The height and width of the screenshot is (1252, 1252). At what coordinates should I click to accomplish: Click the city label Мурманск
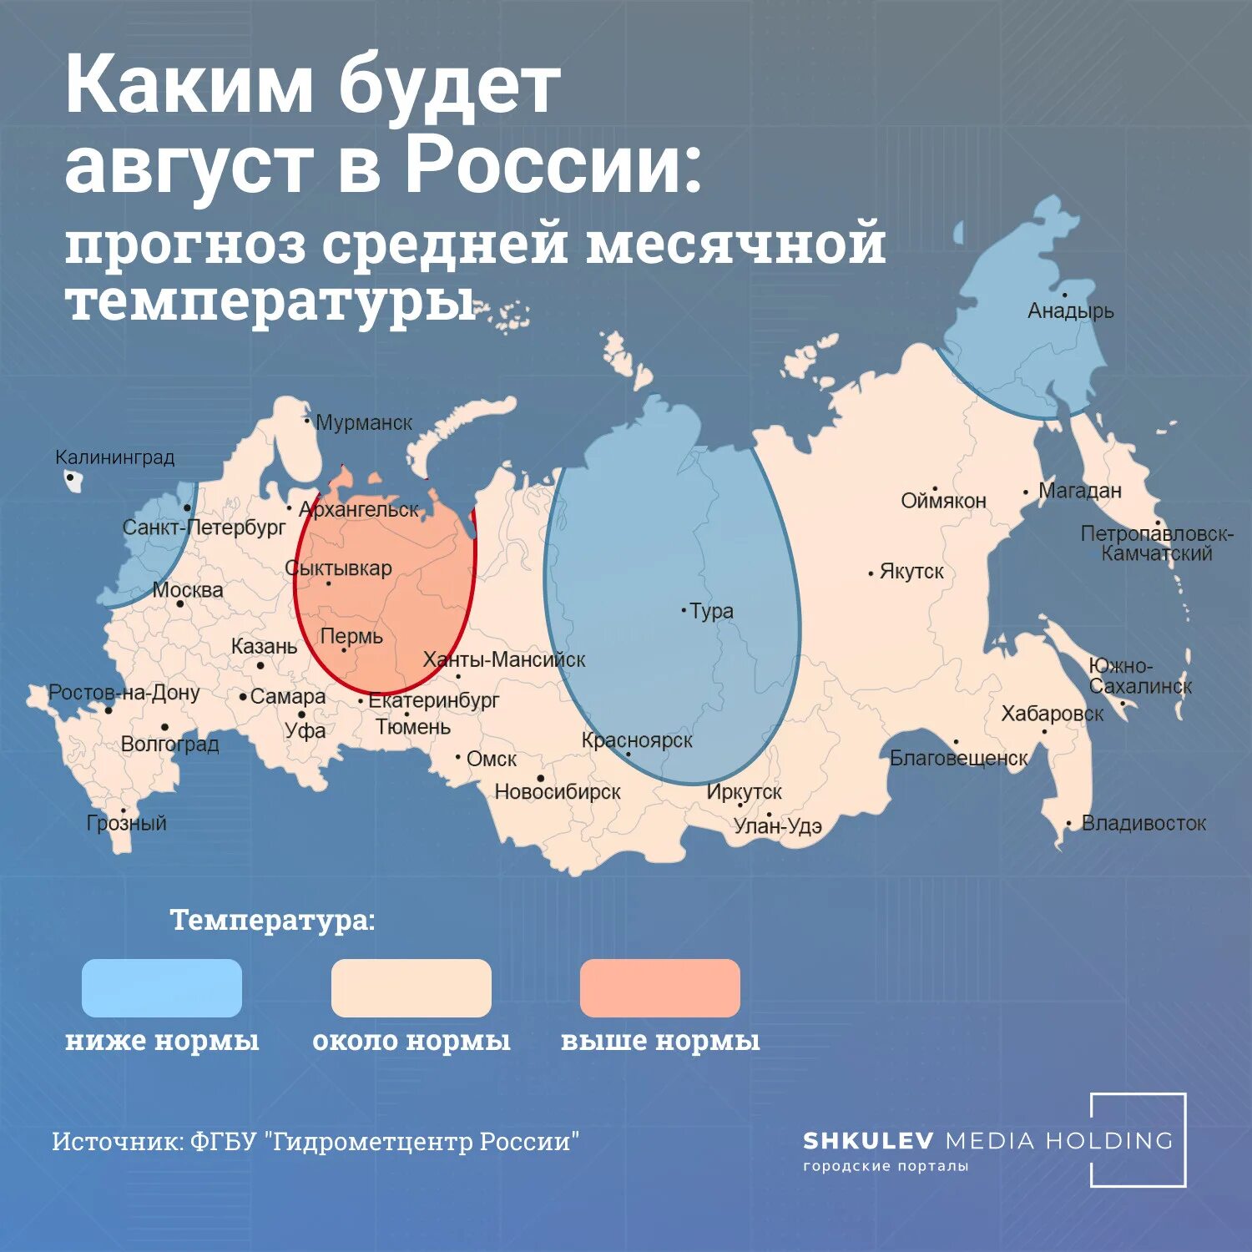(x=363, y=423)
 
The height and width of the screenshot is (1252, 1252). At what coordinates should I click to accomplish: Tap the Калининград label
(x=115, y=457)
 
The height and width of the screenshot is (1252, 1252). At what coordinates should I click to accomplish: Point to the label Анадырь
(x=1071, y=311)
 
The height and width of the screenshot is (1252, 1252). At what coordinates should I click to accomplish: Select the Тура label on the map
(x=712, y=611)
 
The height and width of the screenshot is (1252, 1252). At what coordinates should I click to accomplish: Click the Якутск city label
(x=911, y=572)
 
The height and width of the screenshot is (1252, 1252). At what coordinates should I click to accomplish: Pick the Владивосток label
(x=1143, y=823)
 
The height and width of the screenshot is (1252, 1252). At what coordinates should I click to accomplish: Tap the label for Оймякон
(x=943, y=501)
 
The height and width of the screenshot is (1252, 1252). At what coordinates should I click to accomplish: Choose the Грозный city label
(x=127, y=823)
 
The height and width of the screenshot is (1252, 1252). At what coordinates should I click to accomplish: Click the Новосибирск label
(x=558, y=791)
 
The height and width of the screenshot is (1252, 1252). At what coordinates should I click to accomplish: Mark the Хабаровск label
(x=1053, y=714)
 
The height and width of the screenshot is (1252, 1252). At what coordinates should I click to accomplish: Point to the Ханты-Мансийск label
(x=504, y=659)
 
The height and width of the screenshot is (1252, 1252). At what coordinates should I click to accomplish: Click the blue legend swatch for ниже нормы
(x=162, y=988)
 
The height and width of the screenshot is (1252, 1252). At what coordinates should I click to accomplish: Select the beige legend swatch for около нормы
(x=411, y=988)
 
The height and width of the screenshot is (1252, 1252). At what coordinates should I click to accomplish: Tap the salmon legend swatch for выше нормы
(x=659, y=988)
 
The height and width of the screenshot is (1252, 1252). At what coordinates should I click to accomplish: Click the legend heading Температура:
(x=272, y=920)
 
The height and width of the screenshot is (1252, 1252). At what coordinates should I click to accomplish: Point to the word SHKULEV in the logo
(x=868, y=1140)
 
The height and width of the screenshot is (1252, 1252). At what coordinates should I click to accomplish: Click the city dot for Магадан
(x=1026, y=492)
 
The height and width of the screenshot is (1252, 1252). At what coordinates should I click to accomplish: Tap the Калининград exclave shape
(x=73, y=481)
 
